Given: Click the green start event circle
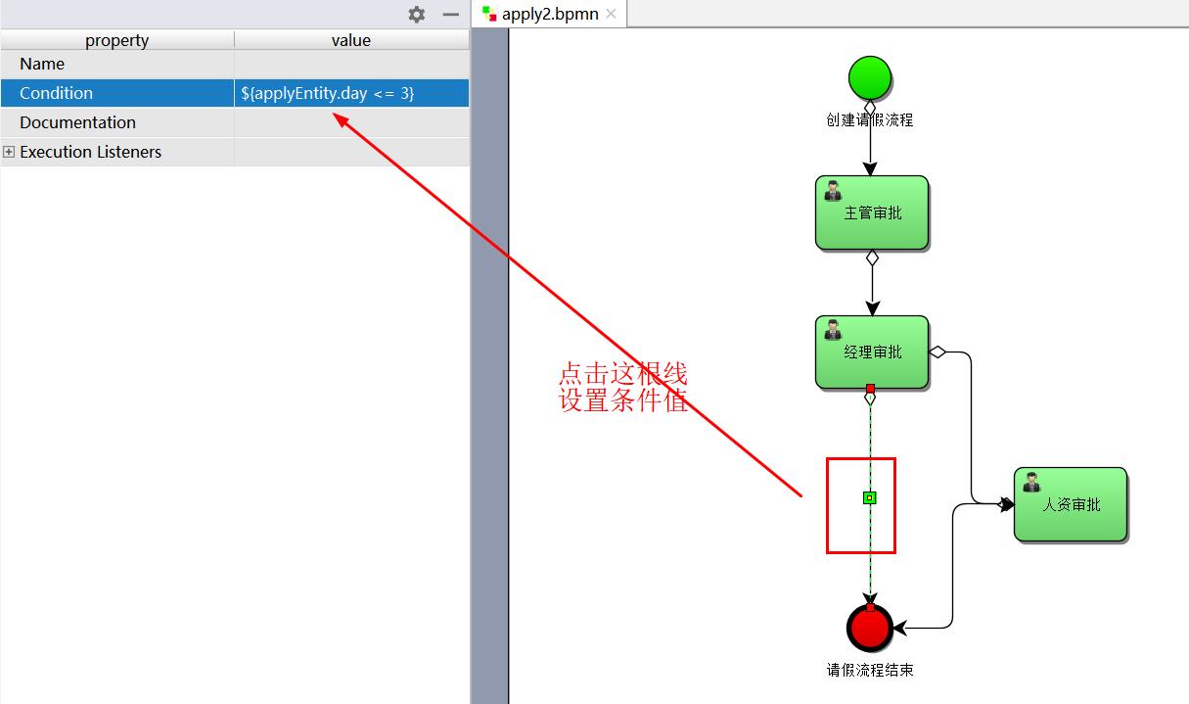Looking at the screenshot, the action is pyautogui.click(x=870, y=78).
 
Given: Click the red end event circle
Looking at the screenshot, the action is pyautogui.click(x=870, y=628).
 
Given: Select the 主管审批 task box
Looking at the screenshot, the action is pyautogui.click(x=871, y=212).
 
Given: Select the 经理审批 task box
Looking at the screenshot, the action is pyautogui.click(x=871, y=352).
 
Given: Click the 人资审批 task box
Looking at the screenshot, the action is pyautogui.click(x=1071, y=504).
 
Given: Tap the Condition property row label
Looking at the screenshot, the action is pyautogui.click(x=57, y=93).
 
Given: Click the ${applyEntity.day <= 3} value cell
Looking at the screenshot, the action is pyautogui.click(x=328, y=93).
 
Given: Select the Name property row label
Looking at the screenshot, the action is pyautogui.click(x=42, y=64).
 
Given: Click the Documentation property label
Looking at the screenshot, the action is pyautogui.click(x=77, y=122).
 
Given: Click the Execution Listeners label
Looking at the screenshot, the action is pyautogui.click(x=90, y=152).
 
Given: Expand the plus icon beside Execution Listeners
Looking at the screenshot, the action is pyautogui.click(x=9, y=152).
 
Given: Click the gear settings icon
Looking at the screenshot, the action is pyautogui.click(x=417, y=15).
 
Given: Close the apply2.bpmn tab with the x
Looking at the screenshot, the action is pyautogui.click(x=612, y=14).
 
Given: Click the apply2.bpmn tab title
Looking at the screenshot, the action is pyautogui.click(x=550, y=14).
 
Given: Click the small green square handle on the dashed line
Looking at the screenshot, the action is pyautogui.click(x=870, y=497).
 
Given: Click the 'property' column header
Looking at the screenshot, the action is pyautogui.click(x=116, y=40).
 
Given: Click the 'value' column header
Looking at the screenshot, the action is pyautogui.click(x=351, y=40).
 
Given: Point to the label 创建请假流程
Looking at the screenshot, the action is pyautogui.click(x=870, y=120).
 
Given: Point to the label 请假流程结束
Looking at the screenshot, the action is pyautogui.click(x=870, y=671).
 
